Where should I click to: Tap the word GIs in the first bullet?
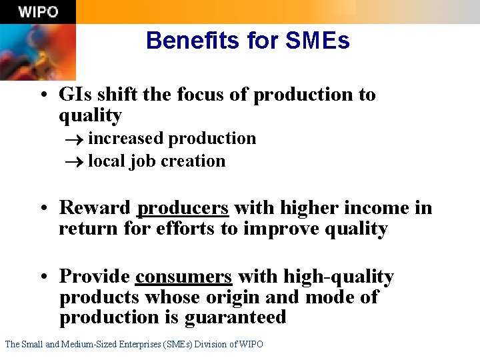(x=75, y=95)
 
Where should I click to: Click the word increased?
(x=126, y=139)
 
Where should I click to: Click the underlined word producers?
(x=183, y=208)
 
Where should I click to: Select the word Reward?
(x=95, y=208)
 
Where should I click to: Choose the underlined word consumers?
(x=183, y=276)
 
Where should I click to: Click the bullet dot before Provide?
(x=43, y=277)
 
